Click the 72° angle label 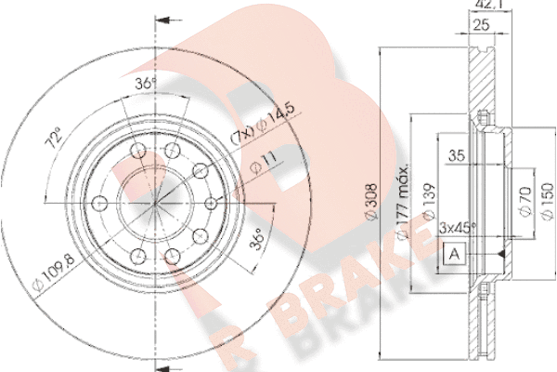[54, 138]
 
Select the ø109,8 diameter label [54, 272]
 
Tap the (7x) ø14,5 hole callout [263, 123]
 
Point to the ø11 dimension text [264, 163]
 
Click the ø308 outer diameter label [372, 202]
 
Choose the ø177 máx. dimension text [403, 202]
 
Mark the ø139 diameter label [429, 201]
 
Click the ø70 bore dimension [525, 201]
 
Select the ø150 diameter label [548, 201]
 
